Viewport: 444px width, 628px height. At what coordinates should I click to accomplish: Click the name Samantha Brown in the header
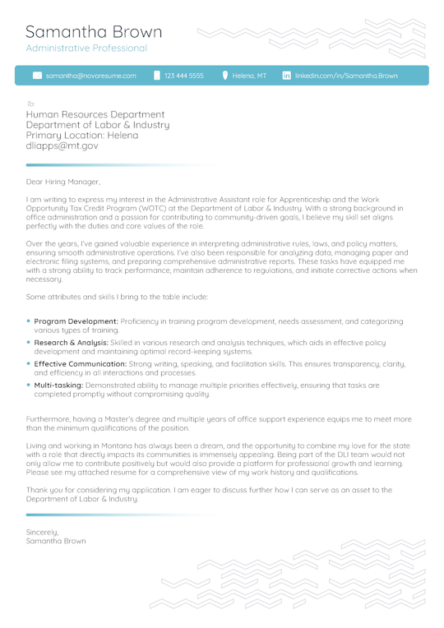click(x=94, y=32)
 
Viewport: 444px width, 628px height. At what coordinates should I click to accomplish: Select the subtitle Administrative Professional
click(x=86, y=48)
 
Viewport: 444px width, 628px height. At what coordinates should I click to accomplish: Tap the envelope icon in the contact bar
click(x=37, y=76)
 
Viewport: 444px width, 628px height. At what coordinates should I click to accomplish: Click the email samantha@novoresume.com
click(x=91, y=76)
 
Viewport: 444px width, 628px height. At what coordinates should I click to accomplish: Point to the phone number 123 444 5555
click(x=183, y=76)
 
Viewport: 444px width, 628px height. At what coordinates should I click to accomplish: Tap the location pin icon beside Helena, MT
click(x=224, y=76)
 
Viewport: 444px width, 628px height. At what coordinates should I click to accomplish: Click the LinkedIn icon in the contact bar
click(x=286, y=76)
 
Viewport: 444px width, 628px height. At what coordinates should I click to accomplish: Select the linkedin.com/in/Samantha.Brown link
click(x=346, y=76)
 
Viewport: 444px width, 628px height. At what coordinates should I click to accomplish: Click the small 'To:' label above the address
click(x=30, y=104)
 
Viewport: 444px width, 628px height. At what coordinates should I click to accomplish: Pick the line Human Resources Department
click(x=95, y=115)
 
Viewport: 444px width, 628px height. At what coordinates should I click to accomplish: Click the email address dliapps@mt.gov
click(x=62, y=145)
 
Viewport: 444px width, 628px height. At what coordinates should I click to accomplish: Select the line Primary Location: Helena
click(x=82, y=135)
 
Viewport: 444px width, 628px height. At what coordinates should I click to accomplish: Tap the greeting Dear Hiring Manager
click(x=63, y=182)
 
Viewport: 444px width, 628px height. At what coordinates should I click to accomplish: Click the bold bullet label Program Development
click(x=76, y=321)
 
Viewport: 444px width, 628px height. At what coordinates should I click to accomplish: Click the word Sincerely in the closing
click(x=42, y=532)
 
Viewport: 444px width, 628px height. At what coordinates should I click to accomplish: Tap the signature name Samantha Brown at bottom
click(x=55, y=542)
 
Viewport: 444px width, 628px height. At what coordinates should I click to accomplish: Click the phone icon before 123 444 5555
click(x=157, y=76)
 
